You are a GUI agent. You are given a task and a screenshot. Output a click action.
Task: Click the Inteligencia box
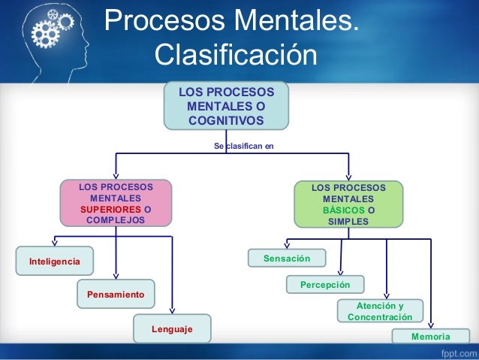54,261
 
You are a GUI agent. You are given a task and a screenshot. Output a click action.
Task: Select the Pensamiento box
116,294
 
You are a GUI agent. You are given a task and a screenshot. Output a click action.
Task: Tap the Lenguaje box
172,328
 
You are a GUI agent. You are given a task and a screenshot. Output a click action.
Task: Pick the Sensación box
287,259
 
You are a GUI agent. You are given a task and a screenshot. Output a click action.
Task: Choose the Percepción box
325,285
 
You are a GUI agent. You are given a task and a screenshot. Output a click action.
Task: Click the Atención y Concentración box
380,311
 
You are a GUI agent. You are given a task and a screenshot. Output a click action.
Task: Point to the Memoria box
431,337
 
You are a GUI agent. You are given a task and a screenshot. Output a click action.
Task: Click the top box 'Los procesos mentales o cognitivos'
226,106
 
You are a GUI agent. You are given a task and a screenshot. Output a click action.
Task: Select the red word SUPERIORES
110,209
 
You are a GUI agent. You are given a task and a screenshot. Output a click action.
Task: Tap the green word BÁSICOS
343,210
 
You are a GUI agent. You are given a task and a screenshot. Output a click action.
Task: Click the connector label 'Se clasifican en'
244,146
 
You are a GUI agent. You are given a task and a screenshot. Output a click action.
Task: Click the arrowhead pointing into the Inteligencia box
54,242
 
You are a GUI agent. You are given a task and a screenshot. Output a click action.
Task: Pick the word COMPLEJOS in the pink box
116,220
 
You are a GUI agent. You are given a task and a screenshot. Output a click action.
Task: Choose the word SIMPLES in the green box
348,222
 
